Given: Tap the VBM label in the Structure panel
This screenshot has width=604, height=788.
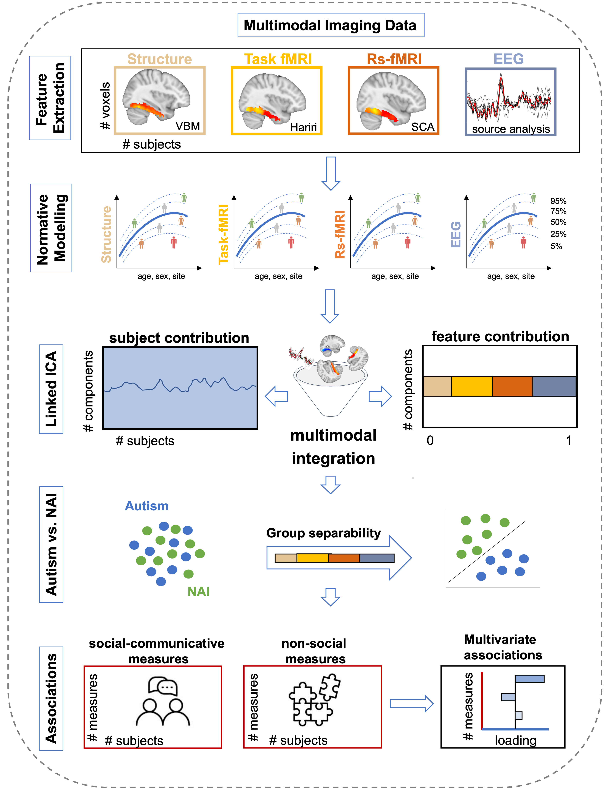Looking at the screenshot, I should pos(188,126).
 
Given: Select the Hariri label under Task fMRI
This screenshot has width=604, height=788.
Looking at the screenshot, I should pos(303,127).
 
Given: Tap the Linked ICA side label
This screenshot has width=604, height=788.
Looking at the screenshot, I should pos(51,389).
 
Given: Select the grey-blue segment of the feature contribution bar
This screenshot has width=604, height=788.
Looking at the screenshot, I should pos(554,387).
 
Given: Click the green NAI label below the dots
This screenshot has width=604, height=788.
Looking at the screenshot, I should pos(198,591).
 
